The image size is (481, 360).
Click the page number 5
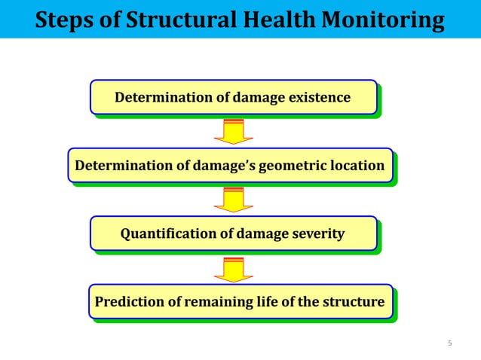450,344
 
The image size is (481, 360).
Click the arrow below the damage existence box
233,132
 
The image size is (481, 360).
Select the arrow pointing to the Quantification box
233,200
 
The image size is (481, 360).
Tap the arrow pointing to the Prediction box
233,269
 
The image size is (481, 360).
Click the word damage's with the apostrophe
222,166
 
